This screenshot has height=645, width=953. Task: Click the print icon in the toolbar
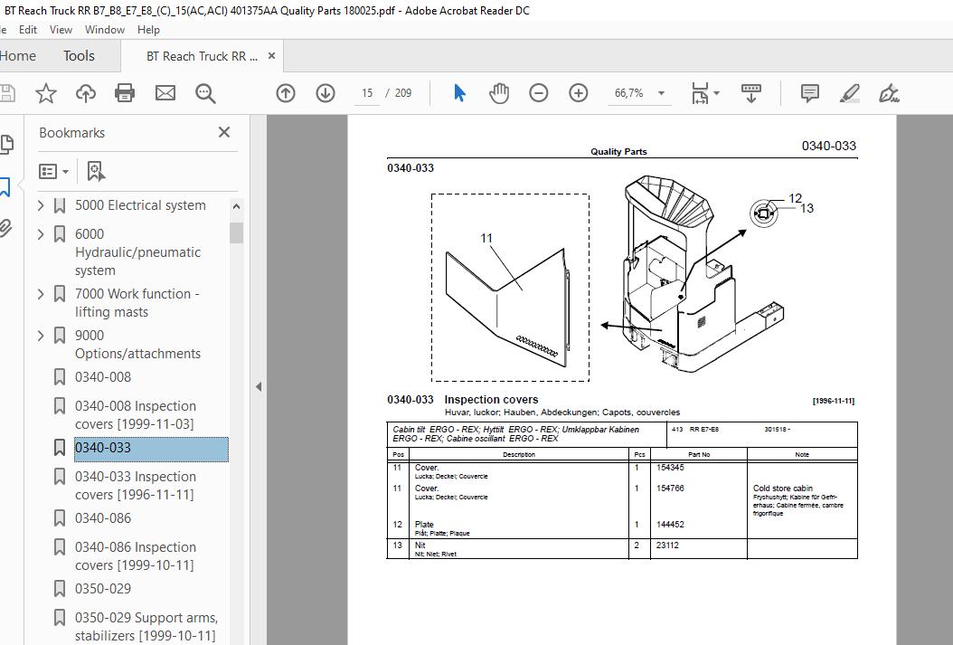(125, 93)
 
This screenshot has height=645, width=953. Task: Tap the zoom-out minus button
(539, 93)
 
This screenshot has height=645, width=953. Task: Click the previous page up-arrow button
(286, 93)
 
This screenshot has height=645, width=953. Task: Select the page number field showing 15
(367, 93)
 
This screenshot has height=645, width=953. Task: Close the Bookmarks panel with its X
(224, 132)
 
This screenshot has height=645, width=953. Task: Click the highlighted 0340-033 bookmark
(103, 448)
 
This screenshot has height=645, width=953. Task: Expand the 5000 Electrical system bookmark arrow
(41, 205)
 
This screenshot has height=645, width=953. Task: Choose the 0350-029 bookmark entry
(103, 589)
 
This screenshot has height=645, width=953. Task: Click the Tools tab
(79, 56)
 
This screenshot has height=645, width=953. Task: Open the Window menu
(105, 30)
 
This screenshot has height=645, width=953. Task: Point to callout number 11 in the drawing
(486, 239)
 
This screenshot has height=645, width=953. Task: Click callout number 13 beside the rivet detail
(807, 208)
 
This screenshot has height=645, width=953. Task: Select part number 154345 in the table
(670, 468)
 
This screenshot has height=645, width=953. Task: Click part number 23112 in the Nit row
(666, 545)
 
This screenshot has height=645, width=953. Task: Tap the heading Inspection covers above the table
(491, 400)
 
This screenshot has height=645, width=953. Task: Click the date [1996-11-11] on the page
(833, 401)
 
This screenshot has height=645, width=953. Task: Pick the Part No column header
(699, 454)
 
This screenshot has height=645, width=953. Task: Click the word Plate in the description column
(424, 525)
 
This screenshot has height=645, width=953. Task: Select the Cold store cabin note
(783, 488)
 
